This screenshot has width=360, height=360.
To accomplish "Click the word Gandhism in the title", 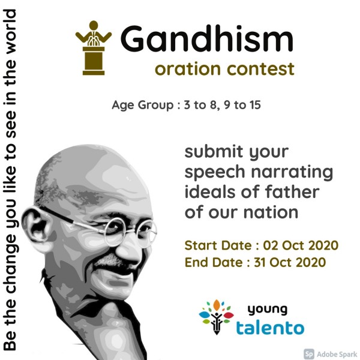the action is click(x=207, y=38).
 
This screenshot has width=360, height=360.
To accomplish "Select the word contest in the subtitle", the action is click(x=260, y=69).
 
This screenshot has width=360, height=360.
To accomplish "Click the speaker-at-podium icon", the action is click(x=94, y=48).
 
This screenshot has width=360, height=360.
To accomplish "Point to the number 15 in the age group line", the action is click(x=255, y=104).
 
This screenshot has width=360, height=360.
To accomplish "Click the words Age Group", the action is click(x=143, y=106).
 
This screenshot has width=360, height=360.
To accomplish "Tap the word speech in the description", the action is click(x=215, y=172).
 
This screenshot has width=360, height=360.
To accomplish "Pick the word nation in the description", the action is click(x=271, y=212).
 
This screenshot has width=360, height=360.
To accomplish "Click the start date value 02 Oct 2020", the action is click(x=301, y=245).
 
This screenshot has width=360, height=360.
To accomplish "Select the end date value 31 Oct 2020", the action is click(x=290, y=262).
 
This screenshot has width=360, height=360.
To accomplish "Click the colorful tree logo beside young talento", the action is click(x=216, y=317).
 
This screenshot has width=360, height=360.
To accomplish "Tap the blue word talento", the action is click(x=270, y=328).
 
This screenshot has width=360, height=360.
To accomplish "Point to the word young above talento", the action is click(x=268, y=310).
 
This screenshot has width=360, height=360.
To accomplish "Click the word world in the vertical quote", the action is click(x=10, y=32).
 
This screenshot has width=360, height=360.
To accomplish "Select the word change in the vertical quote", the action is click(x=11, y=264).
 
